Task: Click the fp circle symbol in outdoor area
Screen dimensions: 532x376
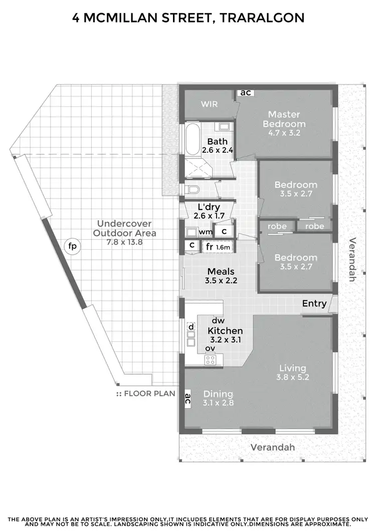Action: point(73,246)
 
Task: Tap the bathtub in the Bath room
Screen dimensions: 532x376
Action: point(192,141)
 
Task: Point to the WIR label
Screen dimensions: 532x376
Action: point(208,104)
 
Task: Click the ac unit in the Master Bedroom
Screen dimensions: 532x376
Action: point(245,93)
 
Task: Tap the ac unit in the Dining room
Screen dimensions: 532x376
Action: point(187,400)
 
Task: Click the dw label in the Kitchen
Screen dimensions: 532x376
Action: point(218,320)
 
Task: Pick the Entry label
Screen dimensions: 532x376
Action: point(314,303)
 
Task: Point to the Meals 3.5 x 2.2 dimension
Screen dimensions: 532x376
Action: point(222,281)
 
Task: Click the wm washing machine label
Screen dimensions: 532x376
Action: point(205,232)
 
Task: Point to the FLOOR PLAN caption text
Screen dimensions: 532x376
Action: point(149,394)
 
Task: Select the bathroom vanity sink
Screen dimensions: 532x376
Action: point(225,127)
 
